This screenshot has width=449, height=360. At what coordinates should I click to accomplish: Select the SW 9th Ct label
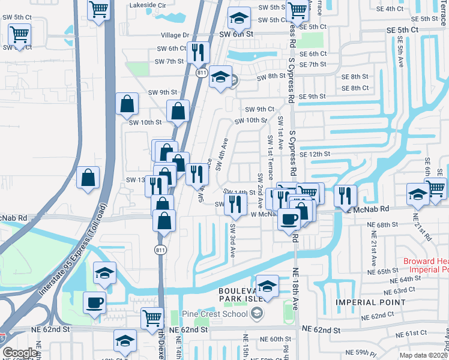pos(259,109)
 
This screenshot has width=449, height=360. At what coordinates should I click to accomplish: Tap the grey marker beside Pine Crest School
pos(257,313)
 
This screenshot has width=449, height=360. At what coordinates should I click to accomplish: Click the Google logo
pos(20,353)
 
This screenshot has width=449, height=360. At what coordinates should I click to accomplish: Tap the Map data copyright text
pos(424,355)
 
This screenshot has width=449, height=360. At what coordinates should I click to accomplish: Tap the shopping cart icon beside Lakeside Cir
pos(98,8)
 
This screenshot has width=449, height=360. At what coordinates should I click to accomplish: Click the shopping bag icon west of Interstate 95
pos(88,177)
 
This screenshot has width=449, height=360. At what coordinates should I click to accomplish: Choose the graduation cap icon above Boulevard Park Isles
pos(267,286)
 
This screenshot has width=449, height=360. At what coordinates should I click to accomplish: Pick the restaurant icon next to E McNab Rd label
pos(345,194)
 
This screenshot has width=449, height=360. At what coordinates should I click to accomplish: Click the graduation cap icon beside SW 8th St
pos(220,76)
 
